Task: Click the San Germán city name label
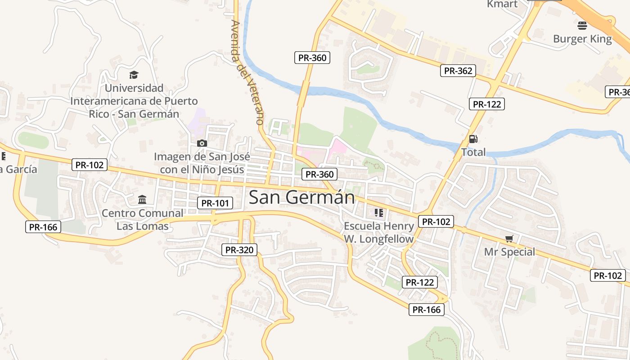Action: (301, 197)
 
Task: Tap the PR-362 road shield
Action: (458, 71)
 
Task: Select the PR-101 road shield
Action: (215, 203)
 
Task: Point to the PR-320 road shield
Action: (239, 250)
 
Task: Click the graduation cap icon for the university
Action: (134, 75)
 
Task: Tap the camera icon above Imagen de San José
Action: (202, 143)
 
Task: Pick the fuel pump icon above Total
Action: (473, 139)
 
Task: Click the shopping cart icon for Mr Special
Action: (509, 238)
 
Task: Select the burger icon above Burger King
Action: (582, 25)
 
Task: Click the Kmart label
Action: (502, 4)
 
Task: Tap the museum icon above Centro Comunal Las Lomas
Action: (142, 199)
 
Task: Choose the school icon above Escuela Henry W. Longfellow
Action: (378, 212)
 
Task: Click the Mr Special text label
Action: (509, 252)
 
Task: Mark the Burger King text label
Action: (582, 39)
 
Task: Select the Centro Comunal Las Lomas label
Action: (143, 219)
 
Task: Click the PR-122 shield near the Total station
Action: (486, 104)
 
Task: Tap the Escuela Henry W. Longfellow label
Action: (378, 232)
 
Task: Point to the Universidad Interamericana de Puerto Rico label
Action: (134, 101)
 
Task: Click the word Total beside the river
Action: (473, 152)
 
